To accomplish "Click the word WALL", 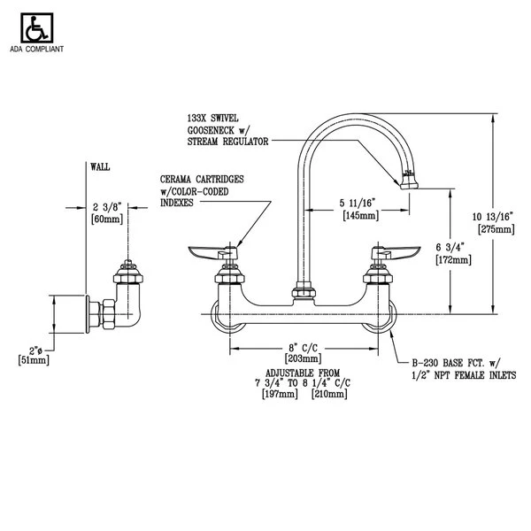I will click(x=101, y=165).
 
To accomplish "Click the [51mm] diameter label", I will click(x=35, y=359).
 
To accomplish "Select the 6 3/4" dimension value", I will click(x=451, y=248).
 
